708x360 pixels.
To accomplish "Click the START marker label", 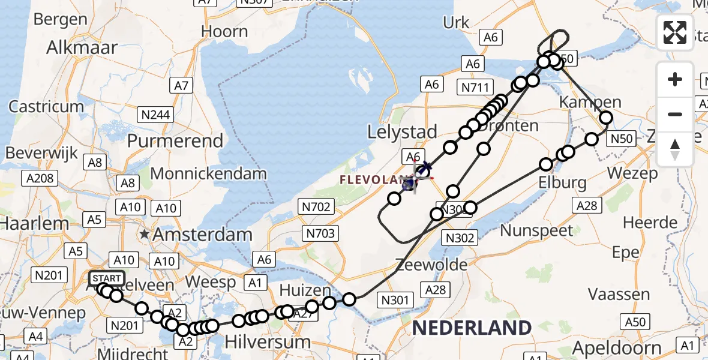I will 107,278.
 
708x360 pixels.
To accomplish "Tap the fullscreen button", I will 675,32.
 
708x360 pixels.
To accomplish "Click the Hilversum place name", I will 268,342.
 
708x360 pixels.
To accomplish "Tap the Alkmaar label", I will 82,47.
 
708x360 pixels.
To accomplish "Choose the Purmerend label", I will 175,141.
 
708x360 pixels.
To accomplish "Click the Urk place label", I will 456,23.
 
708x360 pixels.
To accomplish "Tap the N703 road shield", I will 321,233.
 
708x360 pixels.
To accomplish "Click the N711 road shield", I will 475,87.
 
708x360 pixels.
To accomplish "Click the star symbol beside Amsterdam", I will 144,234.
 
